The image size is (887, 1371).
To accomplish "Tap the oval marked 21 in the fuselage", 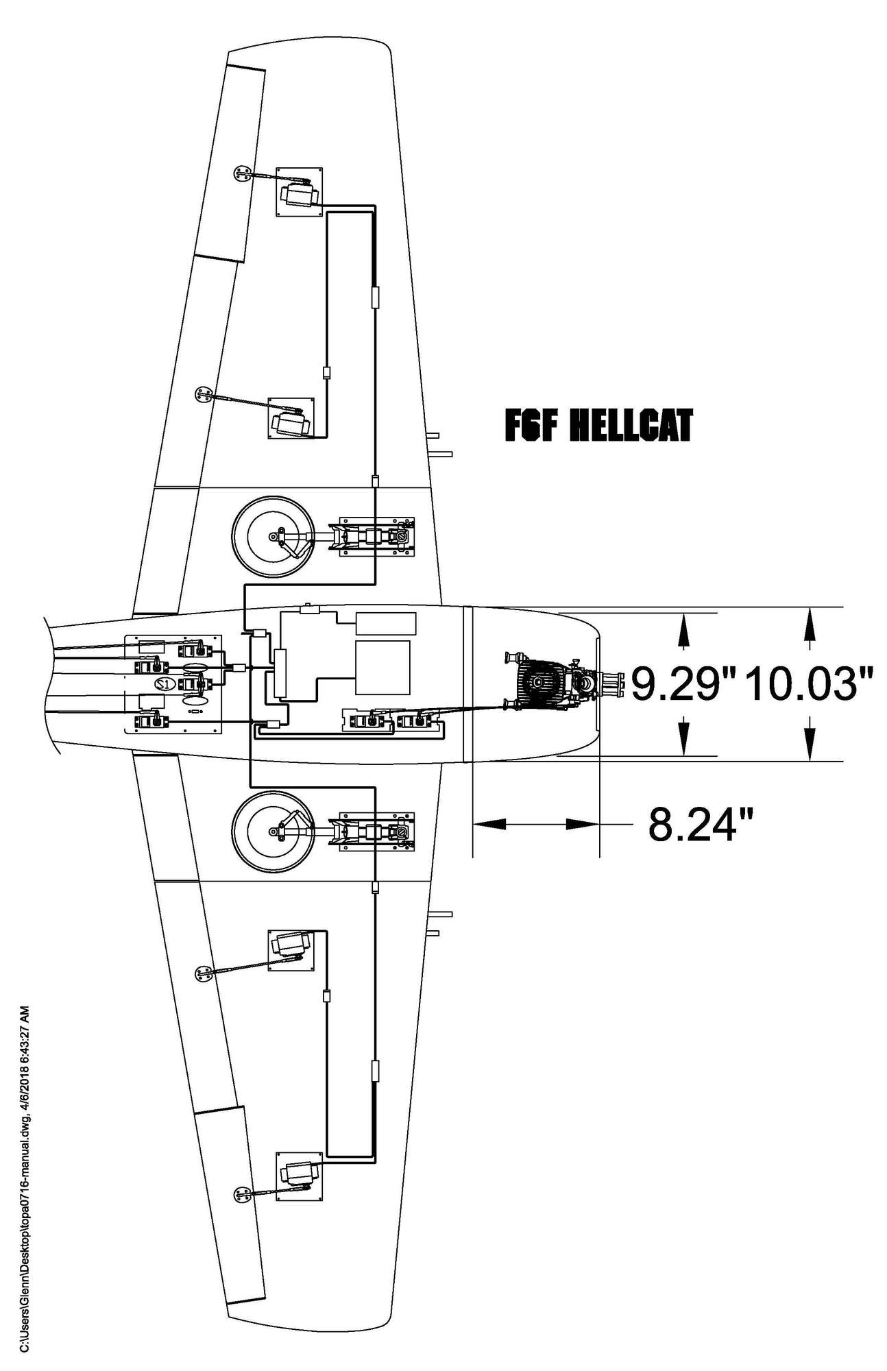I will pyautogui.click(x=163, y=683).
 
